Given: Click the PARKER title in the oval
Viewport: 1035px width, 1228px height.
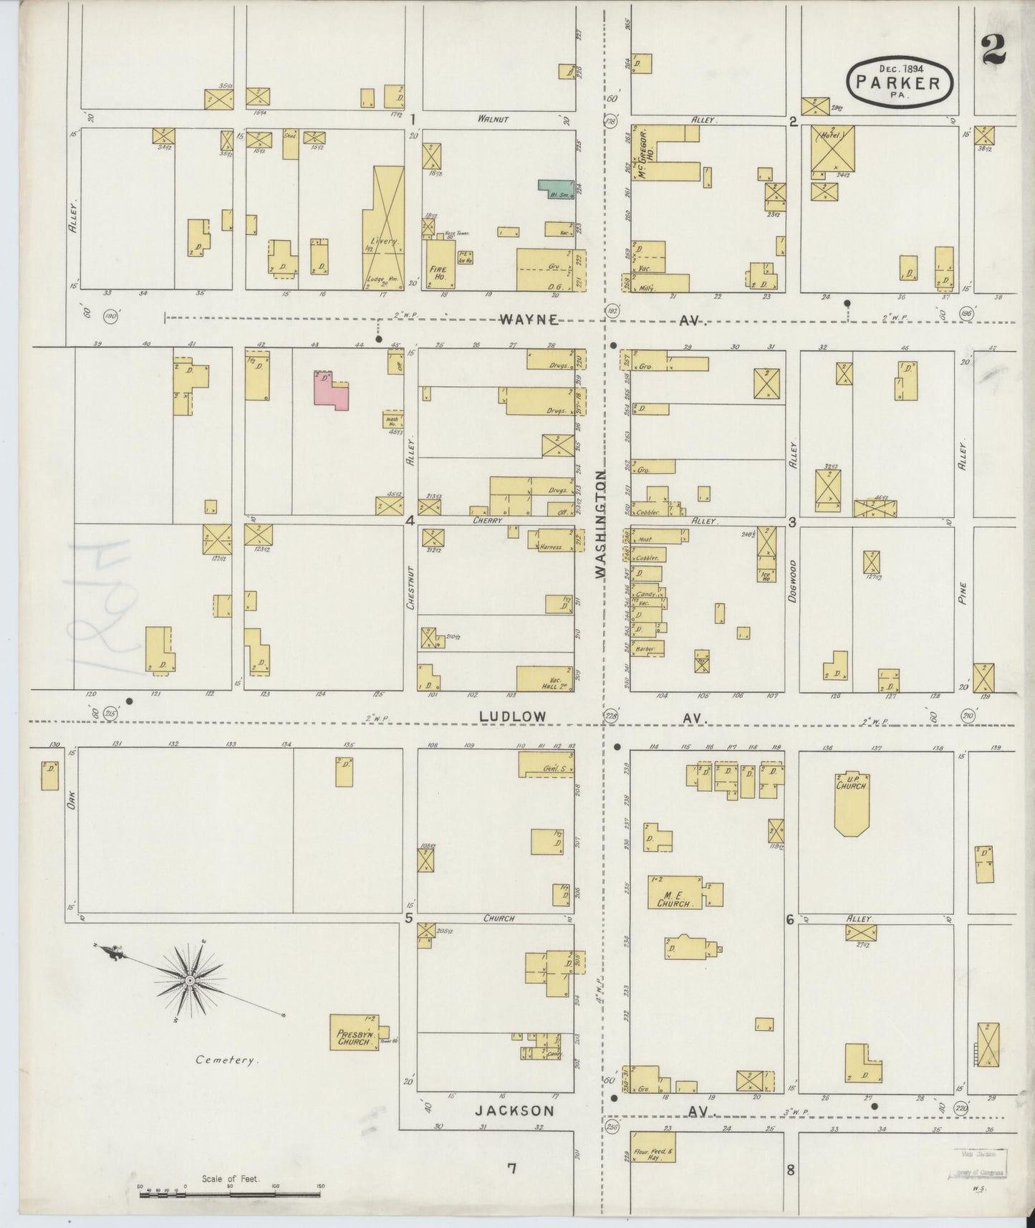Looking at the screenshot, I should [900, 83].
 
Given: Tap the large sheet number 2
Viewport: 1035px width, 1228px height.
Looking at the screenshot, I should [994, 50].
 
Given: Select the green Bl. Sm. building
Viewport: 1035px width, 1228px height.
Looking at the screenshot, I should [557, 188].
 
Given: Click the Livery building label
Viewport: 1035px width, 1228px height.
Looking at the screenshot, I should [385, 241].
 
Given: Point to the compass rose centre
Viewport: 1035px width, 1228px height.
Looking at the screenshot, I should [190, 980].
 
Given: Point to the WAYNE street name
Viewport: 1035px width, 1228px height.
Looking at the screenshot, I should [529, 320].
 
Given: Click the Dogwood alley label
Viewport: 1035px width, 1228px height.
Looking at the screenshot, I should [793, 580].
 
